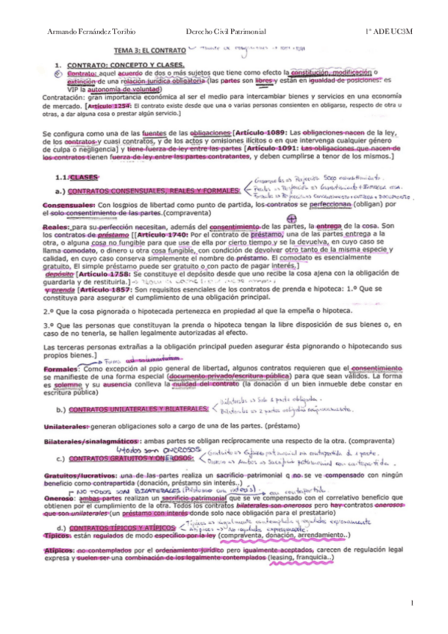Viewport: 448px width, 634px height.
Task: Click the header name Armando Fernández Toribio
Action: (x=81, y=29)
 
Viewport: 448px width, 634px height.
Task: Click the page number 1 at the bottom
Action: (x=411, y=602)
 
